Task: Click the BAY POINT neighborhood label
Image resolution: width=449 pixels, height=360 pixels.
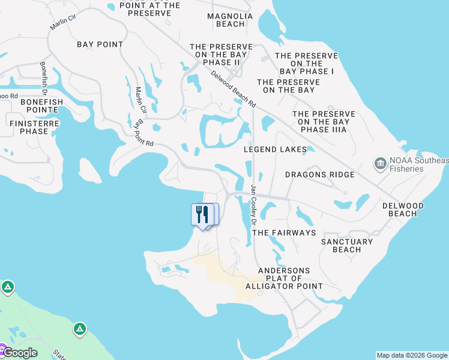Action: [100, 44]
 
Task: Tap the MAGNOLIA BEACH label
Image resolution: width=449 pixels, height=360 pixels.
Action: [226, 20]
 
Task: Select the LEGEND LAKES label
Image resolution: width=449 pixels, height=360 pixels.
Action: [276, 149]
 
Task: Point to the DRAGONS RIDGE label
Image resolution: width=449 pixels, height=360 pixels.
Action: [319, 175]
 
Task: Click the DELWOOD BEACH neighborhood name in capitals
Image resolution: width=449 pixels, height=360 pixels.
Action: [403, 209]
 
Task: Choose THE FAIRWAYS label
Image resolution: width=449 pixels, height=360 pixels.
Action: [284, 232]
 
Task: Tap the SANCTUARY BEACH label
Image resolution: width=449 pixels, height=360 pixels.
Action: [346, 245]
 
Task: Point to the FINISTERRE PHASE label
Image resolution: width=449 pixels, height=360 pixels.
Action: [28, 127]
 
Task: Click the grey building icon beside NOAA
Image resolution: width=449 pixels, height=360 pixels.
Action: [379, 164]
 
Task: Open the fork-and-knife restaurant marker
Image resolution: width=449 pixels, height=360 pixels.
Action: [202, 214]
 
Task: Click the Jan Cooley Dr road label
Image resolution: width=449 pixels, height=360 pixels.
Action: [254, 205]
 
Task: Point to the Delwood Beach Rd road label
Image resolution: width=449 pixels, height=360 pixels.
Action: [234, 89]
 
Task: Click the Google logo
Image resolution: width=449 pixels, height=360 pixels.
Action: [20, 352]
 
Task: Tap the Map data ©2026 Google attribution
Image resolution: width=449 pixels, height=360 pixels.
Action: [412, 355]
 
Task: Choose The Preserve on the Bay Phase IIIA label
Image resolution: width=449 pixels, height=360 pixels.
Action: [323, 121]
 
